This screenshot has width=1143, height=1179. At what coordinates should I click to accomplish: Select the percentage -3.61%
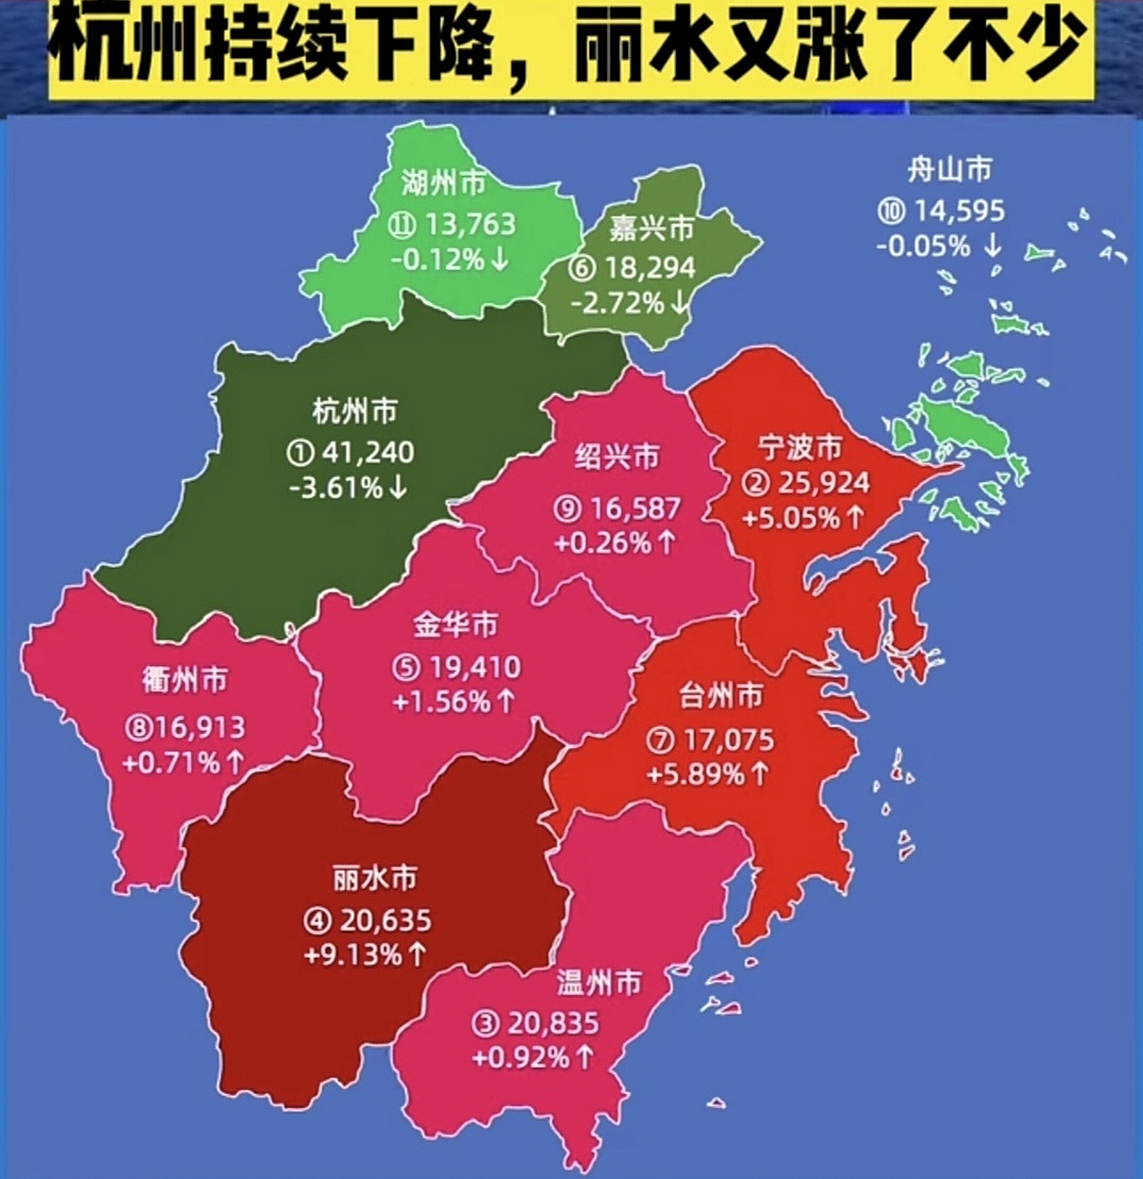click(x=336, y=487)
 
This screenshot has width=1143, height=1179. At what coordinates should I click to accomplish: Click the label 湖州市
click(x=443, y=183)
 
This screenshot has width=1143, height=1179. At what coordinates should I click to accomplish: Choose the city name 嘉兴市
click(x=651, y=228)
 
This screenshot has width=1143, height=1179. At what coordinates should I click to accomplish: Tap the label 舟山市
click(x=950, y=170)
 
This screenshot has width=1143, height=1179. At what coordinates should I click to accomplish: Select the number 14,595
click(x=958, y=211)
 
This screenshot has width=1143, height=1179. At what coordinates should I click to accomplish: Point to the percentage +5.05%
click(x=791, y=519)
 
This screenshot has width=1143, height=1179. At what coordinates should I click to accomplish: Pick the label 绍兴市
click(x=617, y=456)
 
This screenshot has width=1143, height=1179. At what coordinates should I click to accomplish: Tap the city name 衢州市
click(x=184, y=681)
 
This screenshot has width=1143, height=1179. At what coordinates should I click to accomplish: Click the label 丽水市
click(x=375, y=878)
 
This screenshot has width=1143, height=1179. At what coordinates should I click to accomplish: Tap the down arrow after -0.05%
click(x=992, y=246)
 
